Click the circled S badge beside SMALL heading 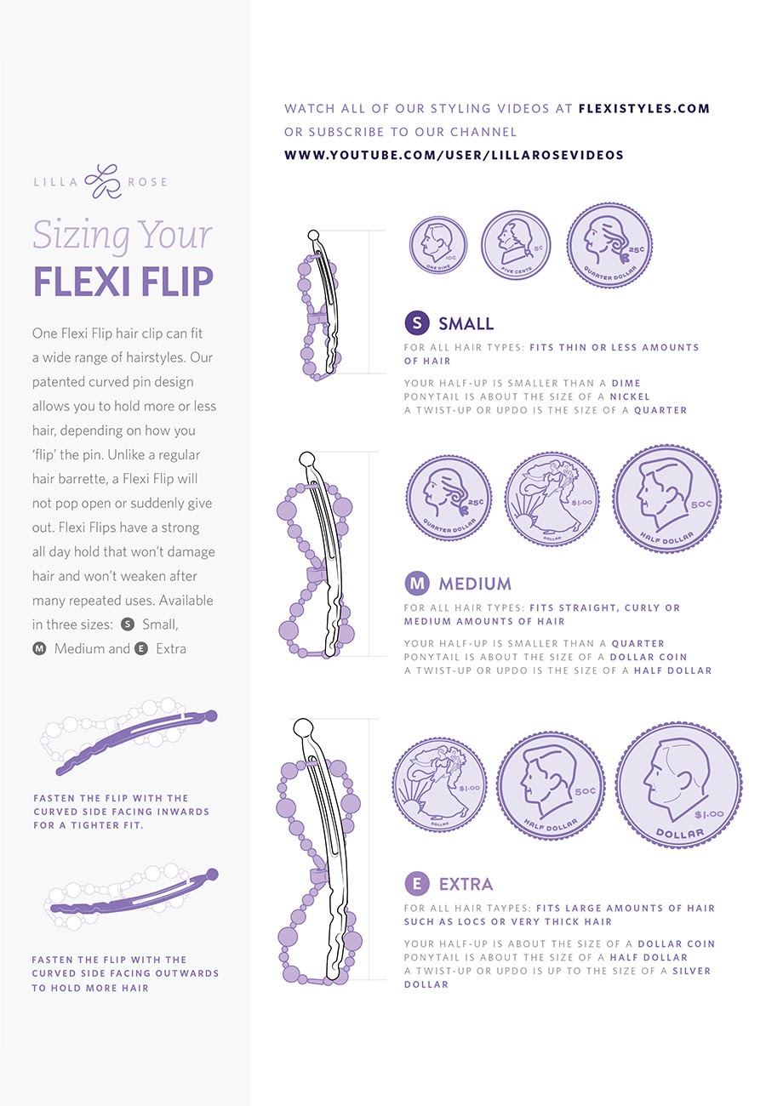415,323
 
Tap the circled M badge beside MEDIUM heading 416,584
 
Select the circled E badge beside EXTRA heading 416,884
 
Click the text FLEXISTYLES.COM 643,109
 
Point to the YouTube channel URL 454,155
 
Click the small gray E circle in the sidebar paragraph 141,648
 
